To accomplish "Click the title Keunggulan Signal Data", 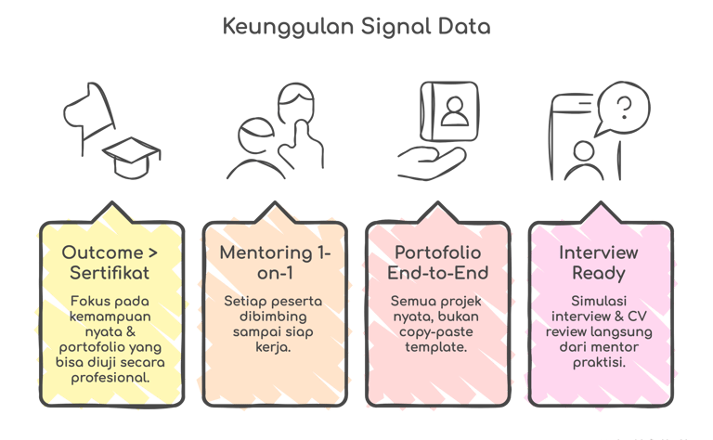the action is pos(356,25).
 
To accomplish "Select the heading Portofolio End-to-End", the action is pos(437,263).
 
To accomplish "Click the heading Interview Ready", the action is pos(598,263).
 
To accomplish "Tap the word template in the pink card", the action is pos(437,346).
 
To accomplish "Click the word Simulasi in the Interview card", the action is pos(598,302).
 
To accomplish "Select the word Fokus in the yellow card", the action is pos(88,302).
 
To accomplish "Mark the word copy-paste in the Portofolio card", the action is pos(437,331).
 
